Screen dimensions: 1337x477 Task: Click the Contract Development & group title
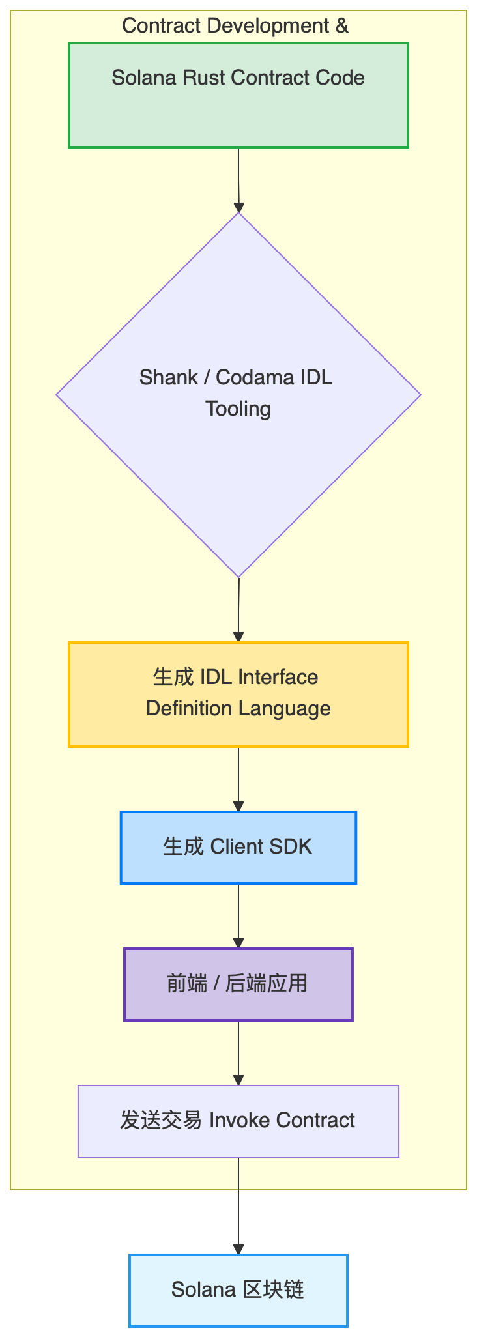pyautogui.click(x=235, y=26)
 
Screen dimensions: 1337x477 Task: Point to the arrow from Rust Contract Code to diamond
pyautogui.click(x=238, y=179)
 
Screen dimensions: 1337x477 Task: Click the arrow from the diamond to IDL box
pyautogui.click(x=238, y=609)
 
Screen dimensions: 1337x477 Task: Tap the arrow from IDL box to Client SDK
pyautogui.click(x=238, y=779)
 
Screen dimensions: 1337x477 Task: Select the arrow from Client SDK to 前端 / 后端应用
pyautogui.click(x=238, y=915)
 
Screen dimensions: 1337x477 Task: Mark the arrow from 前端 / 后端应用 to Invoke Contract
pyautogui.click(x=238, y=1052)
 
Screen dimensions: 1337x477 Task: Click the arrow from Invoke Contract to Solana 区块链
pyautogui.click(x=238, y=1205)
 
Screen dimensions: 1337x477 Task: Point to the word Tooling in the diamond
pyautogui.click(x=238, y=409)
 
